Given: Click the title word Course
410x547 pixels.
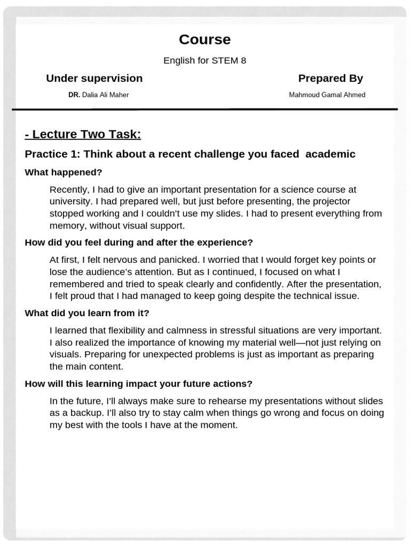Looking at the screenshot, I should pyautogui.click(x=204, y=40).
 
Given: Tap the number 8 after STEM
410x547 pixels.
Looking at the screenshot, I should pyautogui.click(x=243, y=60).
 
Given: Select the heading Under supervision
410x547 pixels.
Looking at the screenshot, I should pyautogui.click(x=94, y=79).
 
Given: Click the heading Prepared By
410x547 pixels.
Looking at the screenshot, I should pyautogui.click(x=330, y=79).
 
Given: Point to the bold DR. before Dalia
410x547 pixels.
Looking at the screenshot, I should pyautogui.click(x=74, y=95).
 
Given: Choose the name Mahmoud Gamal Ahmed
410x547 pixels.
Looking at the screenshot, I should pyautogui.click(x=327, y=95).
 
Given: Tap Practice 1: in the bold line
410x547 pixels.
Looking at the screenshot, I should pyautogui.click(x=53, y=154).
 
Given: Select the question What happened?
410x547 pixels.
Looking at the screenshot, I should pyautogui.click(x=64, y=173).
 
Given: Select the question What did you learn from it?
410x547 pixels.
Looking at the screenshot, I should pyautogui.click(x=87, y=313).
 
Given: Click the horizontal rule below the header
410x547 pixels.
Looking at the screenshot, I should pyautogui.click(x=205, y=110).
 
